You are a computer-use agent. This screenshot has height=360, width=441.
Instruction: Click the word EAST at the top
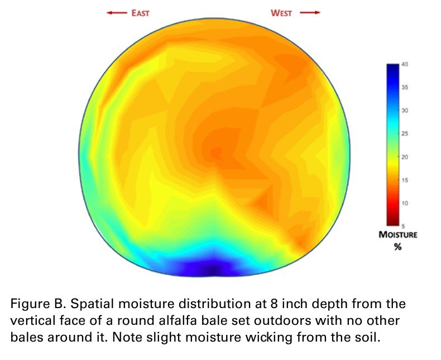coord(140,13)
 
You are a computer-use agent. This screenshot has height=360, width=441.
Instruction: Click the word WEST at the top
coord(281,13)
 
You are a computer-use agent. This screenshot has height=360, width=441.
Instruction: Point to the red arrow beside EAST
coord(117,13)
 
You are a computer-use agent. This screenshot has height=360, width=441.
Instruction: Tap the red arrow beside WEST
coord(310,13)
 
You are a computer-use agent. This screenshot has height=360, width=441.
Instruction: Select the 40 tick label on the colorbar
coord(405,64)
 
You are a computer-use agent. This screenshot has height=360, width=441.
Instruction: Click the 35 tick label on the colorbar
coord(405,88)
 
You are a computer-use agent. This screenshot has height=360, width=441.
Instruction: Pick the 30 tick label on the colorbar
coord(405,111)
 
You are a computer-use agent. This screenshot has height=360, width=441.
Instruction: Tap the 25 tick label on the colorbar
coord(405,133)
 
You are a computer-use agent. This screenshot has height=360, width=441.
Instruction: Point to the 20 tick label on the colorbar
coord(405,157)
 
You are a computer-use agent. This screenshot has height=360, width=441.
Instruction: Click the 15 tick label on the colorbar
coord(405,180)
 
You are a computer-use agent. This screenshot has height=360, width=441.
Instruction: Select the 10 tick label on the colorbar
coord(405,203)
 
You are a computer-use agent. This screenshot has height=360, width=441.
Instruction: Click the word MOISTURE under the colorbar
coord(398,235)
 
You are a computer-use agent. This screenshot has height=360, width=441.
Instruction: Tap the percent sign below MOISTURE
coord(397,247)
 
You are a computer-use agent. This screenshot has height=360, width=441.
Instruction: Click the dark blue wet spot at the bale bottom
coord(213,269)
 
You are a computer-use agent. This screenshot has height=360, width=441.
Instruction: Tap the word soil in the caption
coord(368,338)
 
